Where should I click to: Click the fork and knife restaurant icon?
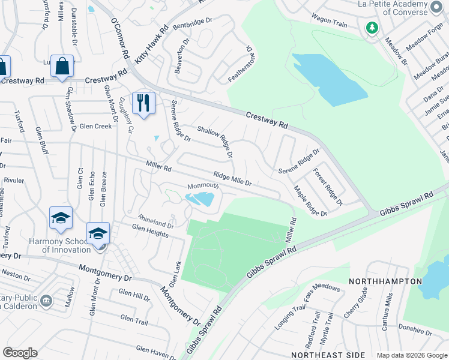tap(143, 103)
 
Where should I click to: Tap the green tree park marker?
tap(372, 28)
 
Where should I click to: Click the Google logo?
tap(20, 353)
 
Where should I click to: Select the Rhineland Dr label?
tap(156, 221)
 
